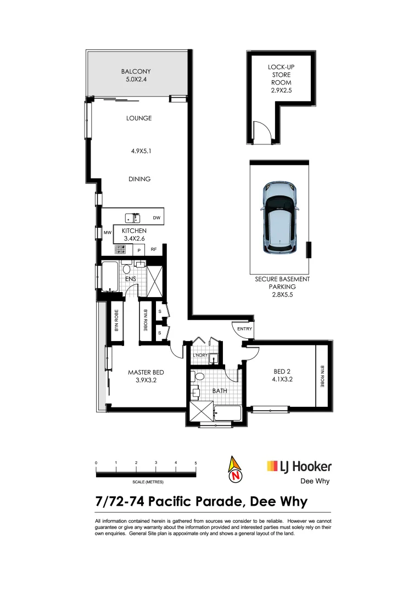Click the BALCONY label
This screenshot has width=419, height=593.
[136, 71]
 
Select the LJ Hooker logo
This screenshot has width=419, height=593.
[299, 467]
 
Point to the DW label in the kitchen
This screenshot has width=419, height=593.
[157, 219]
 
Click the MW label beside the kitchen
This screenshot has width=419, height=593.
[108, 233]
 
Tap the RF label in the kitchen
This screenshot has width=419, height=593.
[154, 250]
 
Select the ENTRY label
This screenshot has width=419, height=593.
[244, 329]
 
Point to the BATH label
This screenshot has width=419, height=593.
[220, 391]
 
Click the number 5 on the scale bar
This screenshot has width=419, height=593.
[195, 463]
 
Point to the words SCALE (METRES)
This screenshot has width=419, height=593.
[148, 482]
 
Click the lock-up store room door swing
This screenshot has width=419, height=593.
[259, 132]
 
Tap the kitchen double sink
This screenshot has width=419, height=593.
[132, 218]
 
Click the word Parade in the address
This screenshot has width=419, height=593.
[219, 502]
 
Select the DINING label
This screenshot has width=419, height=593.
[139, 179]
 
